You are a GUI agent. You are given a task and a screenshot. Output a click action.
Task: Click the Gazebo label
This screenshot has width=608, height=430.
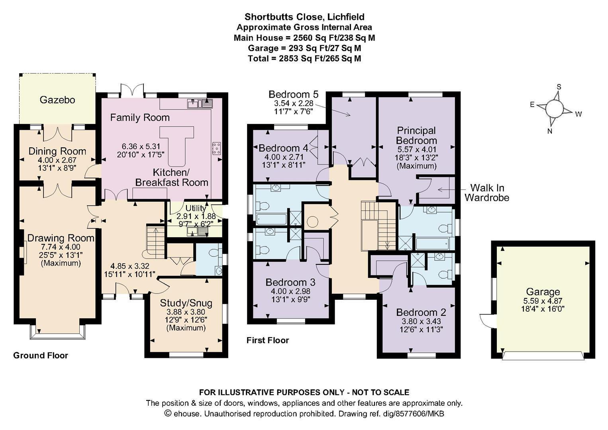click(57, 100)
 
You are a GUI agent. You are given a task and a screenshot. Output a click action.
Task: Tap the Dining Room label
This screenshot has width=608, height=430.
click(57, 151)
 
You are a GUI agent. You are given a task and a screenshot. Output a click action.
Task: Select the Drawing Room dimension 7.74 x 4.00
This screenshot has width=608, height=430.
click(61, 247)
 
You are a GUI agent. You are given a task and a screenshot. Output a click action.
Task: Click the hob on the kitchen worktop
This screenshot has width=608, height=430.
click(217, 149)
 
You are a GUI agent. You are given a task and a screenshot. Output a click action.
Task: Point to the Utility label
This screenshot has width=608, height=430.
click(195, 208)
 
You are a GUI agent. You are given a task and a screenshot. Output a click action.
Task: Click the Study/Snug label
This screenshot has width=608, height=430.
click(186, 303)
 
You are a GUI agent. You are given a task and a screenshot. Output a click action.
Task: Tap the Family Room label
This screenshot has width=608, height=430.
click(140, 117)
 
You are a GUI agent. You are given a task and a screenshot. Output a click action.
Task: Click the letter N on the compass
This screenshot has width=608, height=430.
click(550, 131)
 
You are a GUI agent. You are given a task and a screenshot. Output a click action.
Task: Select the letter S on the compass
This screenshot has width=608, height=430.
click(559, 87)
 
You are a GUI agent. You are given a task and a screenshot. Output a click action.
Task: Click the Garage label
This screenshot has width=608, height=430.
click(543, 291)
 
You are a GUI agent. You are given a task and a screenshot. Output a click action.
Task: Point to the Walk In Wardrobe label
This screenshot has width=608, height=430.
click(486, 193)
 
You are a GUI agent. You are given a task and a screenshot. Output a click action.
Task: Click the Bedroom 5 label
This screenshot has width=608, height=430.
click(293, 94)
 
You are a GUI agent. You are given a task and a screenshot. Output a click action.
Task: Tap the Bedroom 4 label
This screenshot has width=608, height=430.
click(283, 148)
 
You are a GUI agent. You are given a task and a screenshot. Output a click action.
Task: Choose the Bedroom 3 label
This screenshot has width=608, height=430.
click(290, 282)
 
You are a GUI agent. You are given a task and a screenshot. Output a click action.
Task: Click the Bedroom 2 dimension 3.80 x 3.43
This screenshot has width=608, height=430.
click(421, 321)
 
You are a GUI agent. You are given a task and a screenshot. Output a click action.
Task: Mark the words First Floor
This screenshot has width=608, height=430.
click(268, 340)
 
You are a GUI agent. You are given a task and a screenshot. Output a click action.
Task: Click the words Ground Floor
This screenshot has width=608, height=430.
click(41, 356)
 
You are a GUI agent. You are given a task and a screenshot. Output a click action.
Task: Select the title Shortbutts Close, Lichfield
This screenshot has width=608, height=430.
click(304, 17)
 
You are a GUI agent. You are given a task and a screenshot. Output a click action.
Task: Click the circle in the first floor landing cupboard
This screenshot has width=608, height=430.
click(312, 222)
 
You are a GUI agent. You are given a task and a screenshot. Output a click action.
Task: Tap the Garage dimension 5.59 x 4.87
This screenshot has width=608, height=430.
click(543, 301)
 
